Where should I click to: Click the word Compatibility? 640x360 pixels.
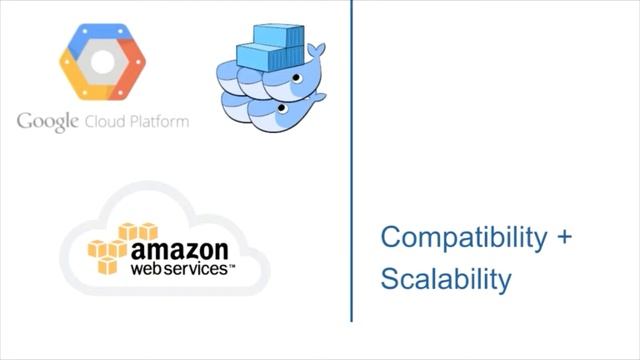(x=465, y=238)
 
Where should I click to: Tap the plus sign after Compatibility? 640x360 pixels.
(x=565, y=239)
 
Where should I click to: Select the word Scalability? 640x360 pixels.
(x=445, y=278)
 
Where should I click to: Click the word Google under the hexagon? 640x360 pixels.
(x=48, y=122)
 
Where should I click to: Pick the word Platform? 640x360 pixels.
(x=159, y=121)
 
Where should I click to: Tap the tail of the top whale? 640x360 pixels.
(x=316, y=49)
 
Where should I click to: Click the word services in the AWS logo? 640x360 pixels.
(x=196, y=269)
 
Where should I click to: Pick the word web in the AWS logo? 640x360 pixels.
(x=146, y=269)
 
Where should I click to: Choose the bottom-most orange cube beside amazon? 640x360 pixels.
(x=107, y=267)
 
